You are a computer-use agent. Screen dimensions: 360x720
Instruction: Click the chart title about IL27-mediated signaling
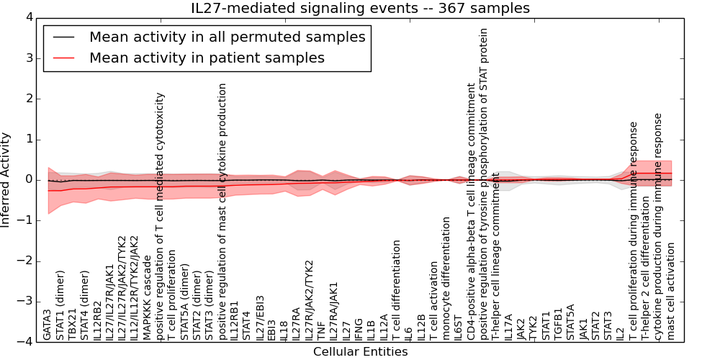[x=360, y=9]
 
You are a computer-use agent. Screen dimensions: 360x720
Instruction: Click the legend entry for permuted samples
[x=227, y=37]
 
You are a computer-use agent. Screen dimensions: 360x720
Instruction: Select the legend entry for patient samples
[x=207, y=58]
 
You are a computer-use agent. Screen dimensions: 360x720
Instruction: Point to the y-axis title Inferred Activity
[x=6, y=179]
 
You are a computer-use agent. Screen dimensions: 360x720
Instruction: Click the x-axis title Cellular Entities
[x=360, y=352]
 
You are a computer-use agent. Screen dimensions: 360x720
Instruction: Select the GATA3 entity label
[x=48, y=325]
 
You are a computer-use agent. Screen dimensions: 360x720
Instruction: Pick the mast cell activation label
[x=671, y=291]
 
